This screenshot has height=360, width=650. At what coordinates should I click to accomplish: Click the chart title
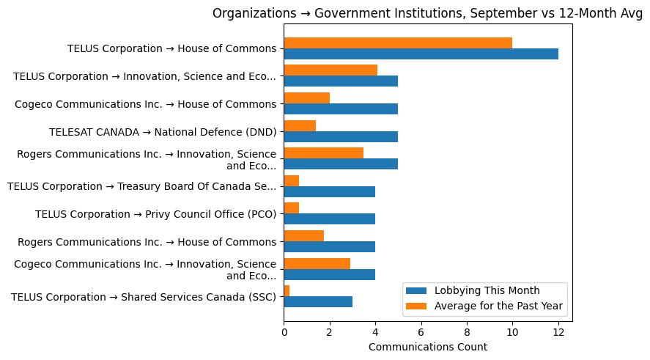tap(427, 13)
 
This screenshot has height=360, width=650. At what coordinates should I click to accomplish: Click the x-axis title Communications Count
tap(427, 347)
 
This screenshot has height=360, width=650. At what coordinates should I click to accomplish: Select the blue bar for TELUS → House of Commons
tap(421, 54)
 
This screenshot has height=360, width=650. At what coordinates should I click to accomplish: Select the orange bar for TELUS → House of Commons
tap(398, 43)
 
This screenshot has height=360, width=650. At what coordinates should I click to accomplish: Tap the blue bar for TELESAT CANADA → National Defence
tap(341, 136)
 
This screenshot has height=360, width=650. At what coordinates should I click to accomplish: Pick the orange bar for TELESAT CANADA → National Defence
tap(300, 125)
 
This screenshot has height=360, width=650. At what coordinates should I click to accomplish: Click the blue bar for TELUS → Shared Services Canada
tap(318, 302)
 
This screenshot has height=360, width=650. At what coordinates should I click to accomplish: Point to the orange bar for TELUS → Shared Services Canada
tap(287, 291)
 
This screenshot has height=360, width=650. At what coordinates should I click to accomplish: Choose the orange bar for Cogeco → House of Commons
tap(306, 98)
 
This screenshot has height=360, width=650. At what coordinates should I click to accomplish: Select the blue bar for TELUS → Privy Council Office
tap(329, 219)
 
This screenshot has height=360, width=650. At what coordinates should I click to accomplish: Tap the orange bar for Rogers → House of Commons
tap(303, 236)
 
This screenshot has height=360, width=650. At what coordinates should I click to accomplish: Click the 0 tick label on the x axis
tap(284, 332)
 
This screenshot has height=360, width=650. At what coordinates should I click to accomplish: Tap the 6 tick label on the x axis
tap(421, 332)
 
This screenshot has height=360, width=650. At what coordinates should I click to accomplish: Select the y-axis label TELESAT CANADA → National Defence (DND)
tap(162, 132)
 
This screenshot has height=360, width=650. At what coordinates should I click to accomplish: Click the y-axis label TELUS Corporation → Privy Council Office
tap(155, 215)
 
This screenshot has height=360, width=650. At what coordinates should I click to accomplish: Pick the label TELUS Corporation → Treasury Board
tap(141, 187)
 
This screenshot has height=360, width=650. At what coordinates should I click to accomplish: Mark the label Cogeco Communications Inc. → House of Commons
tap(145, 104)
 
